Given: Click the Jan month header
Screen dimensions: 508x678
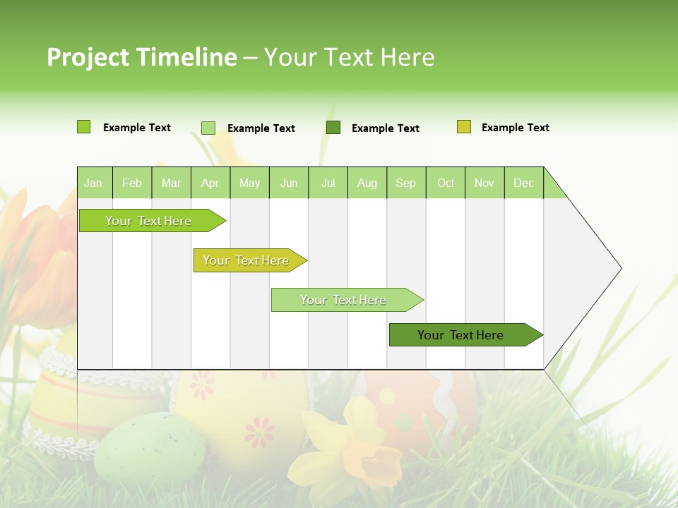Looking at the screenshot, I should click(94, 183).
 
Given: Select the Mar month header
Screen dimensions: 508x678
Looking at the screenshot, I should click(171, 183).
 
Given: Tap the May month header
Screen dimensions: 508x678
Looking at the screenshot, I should click(249, 183).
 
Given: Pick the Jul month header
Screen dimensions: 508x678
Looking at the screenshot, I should click(328, 183).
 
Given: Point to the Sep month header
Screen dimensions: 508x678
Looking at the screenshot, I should click(405, 183).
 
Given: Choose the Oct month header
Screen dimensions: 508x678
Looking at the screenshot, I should click(446, 183).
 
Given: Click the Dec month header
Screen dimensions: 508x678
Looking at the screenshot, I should click(523, 183).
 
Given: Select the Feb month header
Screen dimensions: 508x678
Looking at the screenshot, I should click(132, 183).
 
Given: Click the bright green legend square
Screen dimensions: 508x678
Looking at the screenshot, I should click(84, 127).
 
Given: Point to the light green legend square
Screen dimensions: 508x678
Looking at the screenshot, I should click(208, 128).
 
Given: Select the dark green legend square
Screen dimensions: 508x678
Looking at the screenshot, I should click(333, 127).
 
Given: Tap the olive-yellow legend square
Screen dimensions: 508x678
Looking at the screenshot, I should click(464, 127).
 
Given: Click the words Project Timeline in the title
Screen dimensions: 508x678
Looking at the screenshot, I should click(141, 57).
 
